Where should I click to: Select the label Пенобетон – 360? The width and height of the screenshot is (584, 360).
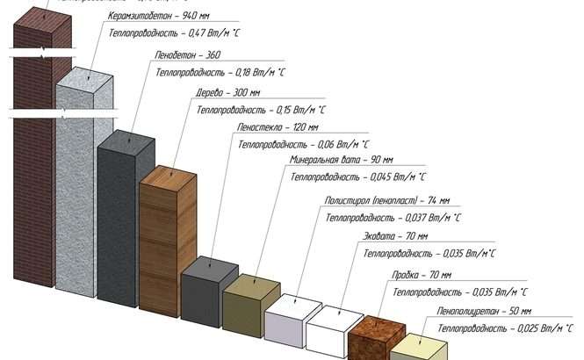(x=187, y=55)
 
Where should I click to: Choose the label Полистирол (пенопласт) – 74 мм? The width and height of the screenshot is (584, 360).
(x=386, y=200)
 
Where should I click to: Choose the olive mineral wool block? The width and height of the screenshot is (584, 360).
(x=248, y=303)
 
